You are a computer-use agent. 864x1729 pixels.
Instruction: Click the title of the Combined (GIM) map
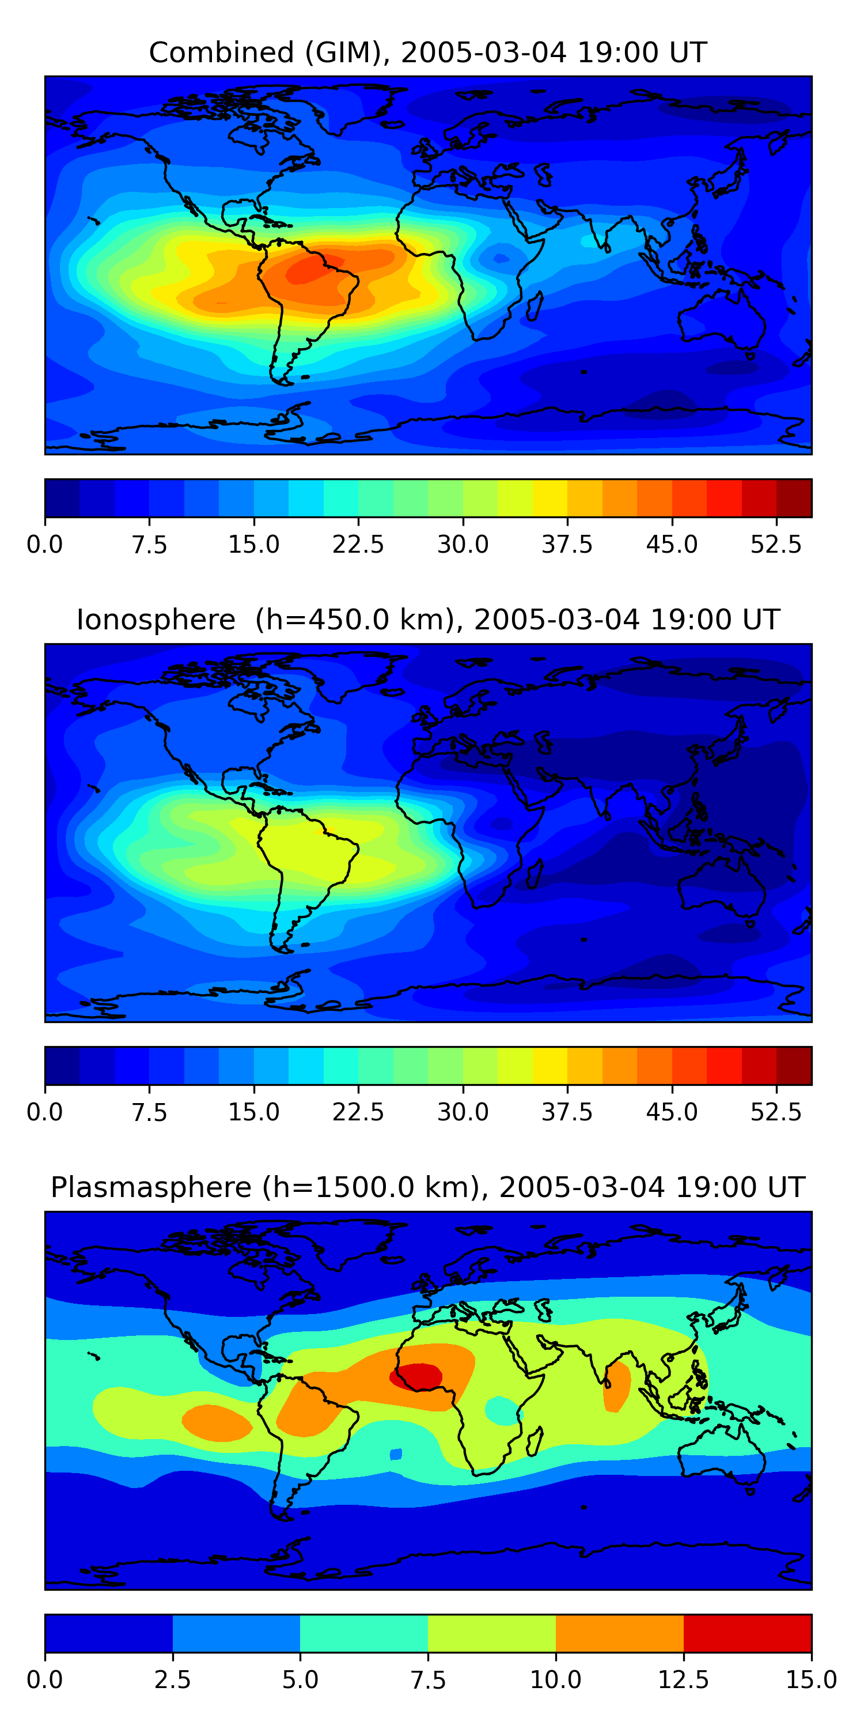point(428,52)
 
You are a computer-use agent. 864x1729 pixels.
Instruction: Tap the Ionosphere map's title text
point(428,620)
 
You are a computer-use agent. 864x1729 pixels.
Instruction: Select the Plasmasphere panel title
point(428,1187)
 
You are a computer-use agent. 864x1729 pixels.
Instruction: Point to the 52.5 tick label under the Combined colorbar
point(775,544)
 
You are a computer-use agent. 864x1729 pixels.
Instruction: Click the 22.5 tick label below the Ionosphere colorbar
point(358,1112)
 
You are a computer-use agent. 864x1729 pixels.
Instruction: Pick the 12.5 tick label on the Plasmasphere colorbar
point(683,1679)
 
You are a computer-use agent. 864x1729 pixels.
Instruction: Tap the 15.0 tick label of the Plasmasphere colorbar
point(811,1679)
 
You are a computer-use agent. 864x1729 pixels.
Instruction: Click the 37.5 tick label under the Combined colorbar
point(567,544)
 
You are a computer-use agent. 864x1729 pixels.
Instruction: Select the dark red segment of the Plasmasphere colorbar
point(747,1633)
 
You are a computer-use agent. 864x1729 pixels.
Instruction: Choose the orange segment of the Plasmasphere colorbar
point(619,1633)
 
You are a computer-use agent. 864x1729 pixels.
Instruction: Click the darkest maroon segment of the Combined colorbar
point(794,498)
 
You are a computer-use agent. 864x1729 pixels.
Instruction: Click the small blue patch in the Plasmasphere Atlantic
point(396,1454)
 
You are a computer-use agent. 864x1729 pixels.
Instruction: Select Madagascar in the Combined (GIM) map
point(535,306)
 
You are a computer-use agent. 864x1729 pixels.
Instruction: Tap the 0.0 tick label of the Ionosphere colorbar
point(45,1112)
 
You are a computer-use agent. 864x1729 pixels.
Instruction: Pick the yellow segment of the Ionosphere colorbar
point(550,1066)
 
